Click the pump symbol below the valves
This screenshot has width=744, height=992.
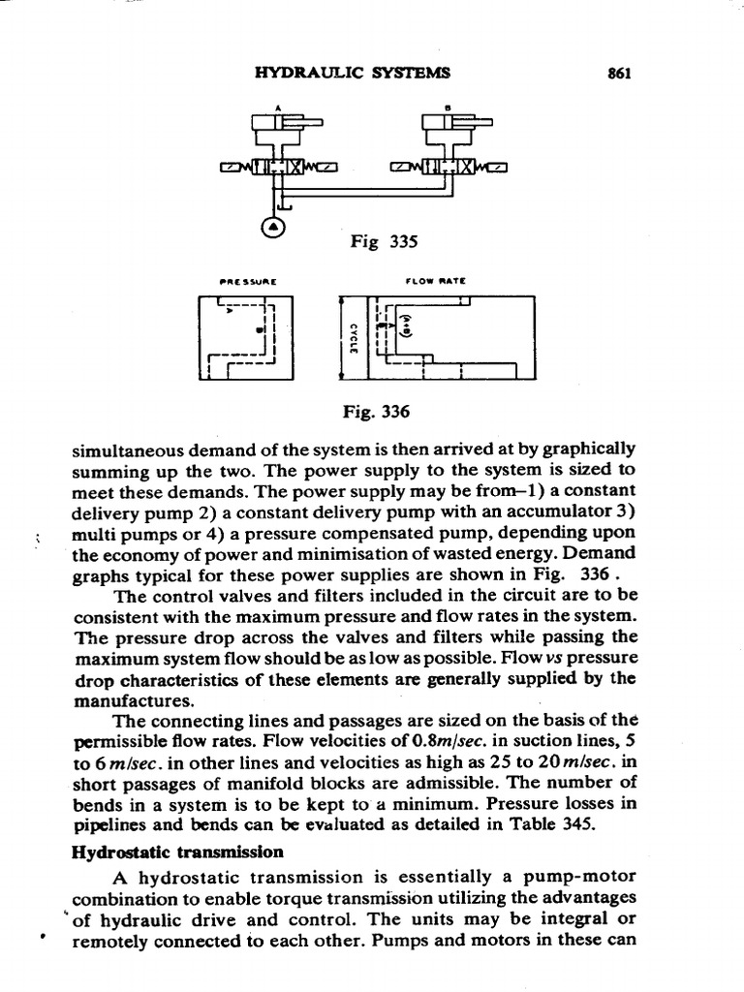click(x=274, y=226)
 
